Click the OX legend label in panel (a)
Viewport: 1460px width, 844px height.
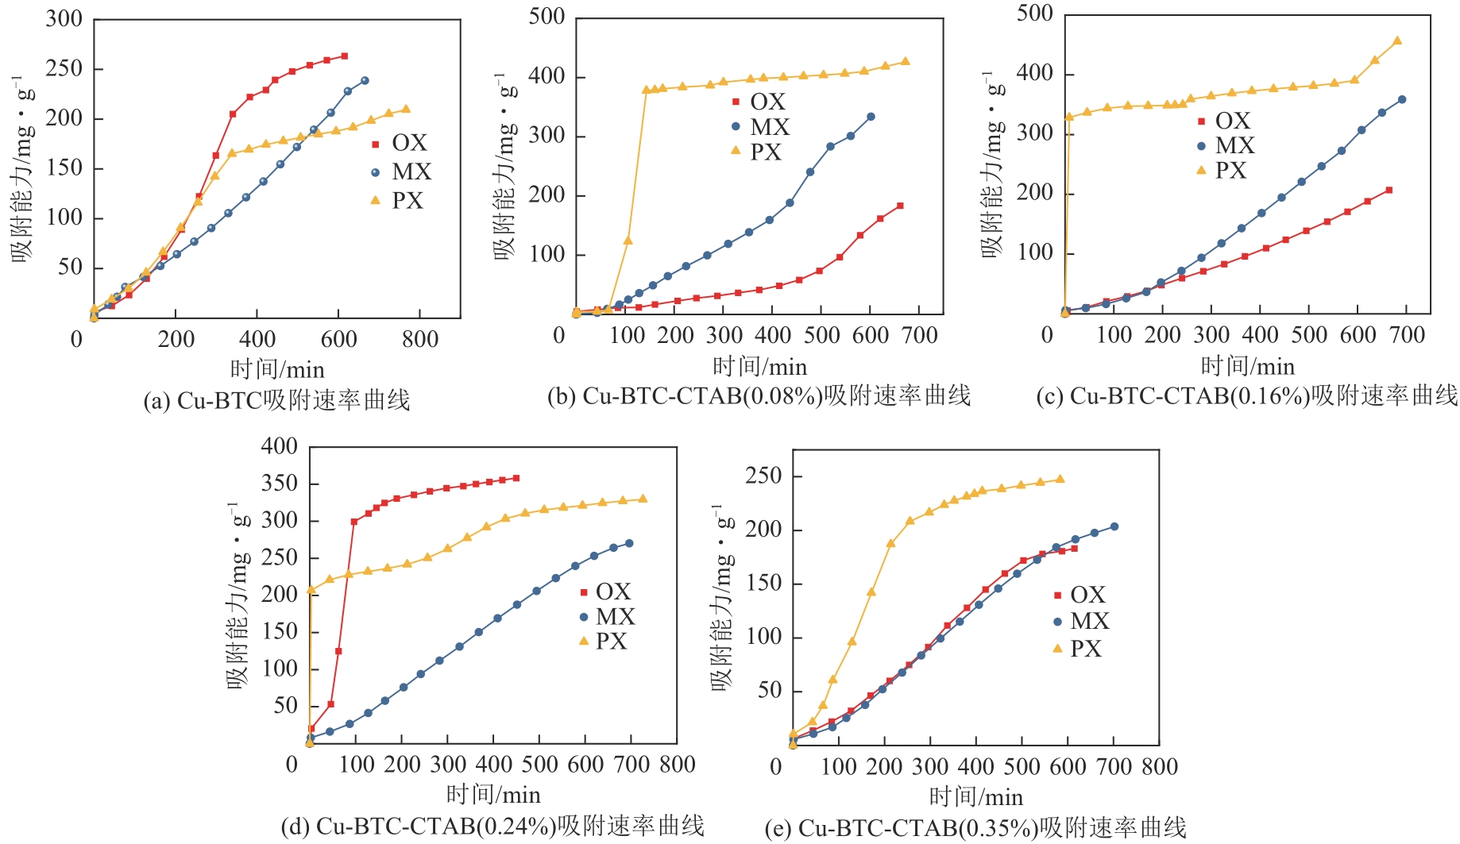[x=409, y=143]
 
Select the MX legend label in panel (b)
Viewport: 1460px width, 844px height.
[x=770, y=127]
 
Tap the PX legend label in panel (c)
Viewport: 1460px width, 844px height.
[x=1230, y=171]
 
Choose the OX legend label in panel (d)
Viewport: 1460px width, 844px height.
[x=612, y=592]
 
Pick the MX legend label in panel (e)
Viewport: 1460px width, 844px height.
[x=1089, y=621]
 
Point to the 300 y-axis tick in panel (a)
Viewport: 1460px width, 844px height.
[x=64, y=18]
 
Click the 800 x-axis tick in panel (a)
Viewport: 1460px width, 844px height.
[x=420, y=340]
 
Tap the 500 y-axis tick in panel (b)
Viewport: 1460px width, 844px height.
[x=547, y=17]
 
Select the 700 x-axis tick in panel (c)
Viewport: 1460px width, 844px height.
[x=1407, y=335]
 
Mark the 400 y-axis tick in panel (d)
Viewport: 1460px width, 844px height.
[x=279, y=446]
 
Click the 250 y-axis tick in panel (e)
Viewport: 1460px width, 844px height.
[x=763, y=476]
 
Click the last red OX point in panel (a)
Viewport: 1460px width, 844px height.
[x=344, y=56]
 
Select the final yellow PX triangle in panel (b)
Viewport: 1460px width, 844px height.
[x=905, y=61]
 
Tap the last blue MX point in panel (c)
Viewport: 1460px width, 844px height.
[x=1402, y=99]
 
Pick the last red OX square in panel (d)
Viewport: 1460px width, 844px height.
[x=516, y=478]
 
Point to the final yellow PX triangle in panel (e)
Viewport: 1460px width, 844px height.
[x=1060, y=479]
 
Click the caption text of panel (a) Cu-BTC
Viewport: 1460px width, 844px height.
[x=276, y=400]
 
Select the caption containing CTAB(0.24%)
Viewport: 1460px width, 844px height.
[x=492, y=827]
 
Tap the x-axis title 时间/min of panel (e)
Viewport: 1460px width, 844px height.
[x=975, y=796]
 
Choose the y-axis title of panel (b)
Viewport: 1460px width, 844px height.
[x=506, y=167]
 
